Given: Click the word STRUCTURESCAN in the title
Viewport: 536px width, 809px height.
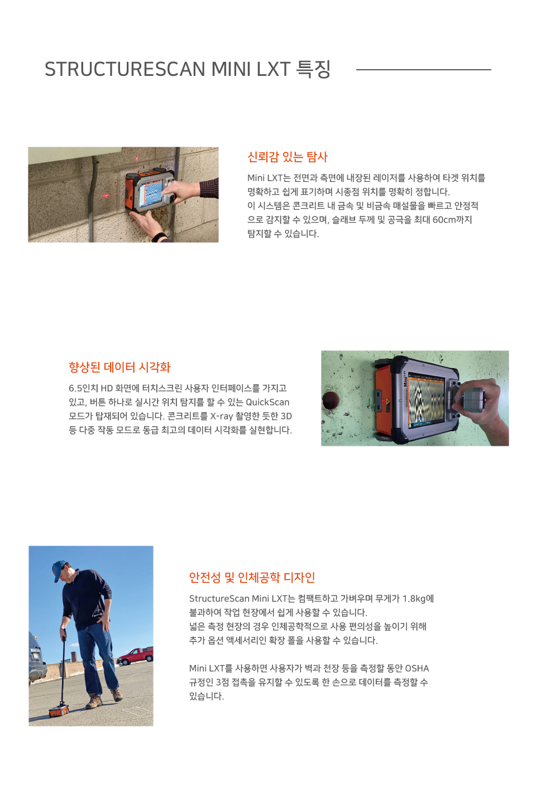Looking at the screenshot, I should coord(125,69).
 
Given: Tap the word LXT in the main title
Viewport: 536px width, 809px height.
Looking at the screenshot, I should coord(273,69).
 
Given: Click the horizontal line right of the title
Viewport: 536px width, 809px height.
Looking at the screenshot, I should coord(423,70).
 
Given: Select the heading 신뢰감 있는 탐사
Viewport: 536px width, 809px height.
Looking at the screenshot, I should coord(288,157).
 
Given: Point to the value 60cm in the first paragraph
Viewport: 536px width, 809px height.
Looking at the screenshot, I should coord(444,220).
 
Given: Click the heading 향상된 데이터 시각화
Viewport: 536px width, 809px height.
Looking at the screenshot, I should coord(119,367).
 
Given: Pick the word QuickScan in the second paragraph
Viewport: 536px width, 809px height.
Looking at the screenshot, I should coord(267,402).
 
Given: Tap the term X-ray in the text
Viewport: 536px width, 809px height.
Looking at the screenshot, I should coord(221,416).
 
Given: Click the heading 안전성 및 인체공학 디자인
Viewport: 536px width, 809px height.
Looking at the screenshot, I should coord(252,577).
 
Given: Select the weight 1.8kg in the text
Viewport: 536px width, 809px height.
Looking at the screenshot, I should coord(418,599).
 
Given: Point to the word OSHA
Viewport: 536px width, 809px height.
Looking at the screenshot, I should coord(417,668).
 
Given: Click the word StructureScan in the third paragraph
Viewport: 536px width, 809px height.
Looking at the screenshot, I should coord(219,599).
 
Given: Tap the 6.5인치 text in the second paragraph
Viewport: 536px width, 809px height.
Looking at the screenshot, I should coord(83,388).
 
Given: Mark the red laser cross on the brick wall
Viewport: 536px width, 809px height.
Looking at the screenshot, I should coord(105,196).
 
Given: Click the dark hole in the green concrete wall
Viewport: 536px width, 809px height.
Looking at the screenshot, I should coord(331,399).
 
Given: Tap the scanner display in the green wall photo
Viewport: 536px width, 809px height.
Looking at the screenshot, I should coord(425,399).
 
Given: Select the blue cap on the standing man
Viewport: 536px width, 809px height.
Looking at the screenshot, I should coord(59,569).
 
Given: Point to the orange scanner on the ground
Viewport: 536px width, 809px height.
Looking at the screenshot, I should coord(59,710).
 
